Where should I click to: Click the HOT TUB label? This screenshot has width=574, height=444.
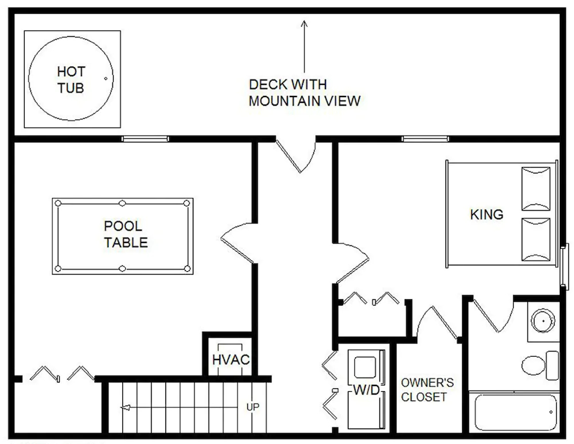coord(71,79)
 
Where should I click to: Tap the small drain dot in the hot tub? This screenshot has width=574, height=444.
coord(106,78)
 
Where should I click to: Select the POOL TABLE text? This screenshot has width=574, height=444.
coord(126,234)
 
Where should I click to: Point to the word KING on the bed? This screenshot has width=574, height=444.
coord(487,214)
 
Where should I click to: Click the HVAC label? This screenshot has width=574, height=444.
coord(231,360)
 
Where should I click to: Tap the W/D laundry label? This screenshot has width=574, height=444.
coord(366,390)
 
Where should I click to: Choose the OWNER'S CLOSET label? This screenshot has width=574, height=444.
coord(427,390)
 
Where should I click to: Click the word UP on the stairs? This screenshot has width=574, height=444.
coord(253,407)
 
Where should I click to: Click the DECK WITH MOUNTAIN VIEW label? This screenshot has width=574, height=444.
coord(305,92)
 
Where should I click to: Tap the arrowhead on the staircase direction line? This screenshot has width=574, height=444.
coord(125,407)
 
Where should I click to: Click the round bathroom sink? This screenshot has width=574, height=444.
coord(543,321)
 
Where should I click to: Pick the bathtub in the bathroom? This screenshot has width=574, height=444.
coord(516,412)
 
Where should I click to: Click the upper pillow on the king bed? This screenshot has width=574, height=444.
coord(536,189)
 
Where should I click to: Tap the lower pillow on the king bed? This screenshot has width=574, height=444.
coord(536,240)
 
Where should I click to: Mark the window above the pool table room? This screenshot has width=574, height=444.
coord(145,139)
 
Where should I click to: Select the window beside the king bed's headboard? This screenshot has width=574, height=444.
coord(565,267)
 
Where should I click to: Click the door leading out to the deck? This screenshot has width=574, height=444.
coord(296,154)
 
